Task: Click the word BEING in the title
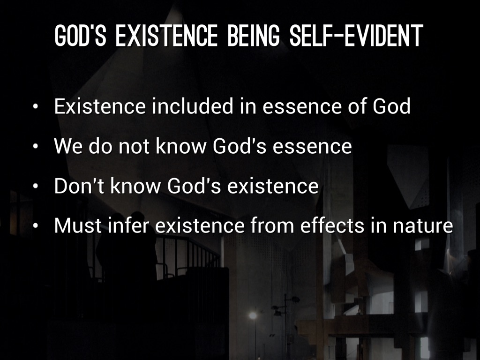pyautogui.click(x=254, y=36)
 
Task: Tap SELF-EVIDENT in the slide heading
pyautogui.click(x=356, y=36)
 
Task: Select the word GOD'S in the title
pyautogui.click(x=80, y=36)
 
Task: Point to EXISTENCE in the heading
pyautogui.click(x=166, y=36)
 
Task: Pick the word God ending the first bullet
pyautogui.click(x=391, y=106)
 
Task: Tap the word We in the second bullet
pyautogui.click(x=68, y=146)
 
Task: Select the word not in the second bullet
pyautogui.click(x=134, y=146)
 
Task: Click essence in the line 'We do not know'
pyautogui.click(x=312, y=147)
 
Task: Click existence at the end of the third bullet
pyautogui.click(x=273, y=186)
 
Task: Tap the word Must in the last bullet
pyautogui.click(x=78, y=225)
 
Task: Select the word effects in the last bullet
pyautogui.click(x=332, y=225)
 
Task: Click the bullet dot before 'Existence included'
pyautogui.click(x=36, y=107)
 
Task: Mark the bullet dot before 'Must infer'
pyautogui.click(x=36, y=226)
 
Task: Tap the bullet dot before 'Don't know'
pyautogui.click(x=36, y=187)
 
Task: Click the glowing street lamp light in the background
pyautogui.click(x=253, y=315)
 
